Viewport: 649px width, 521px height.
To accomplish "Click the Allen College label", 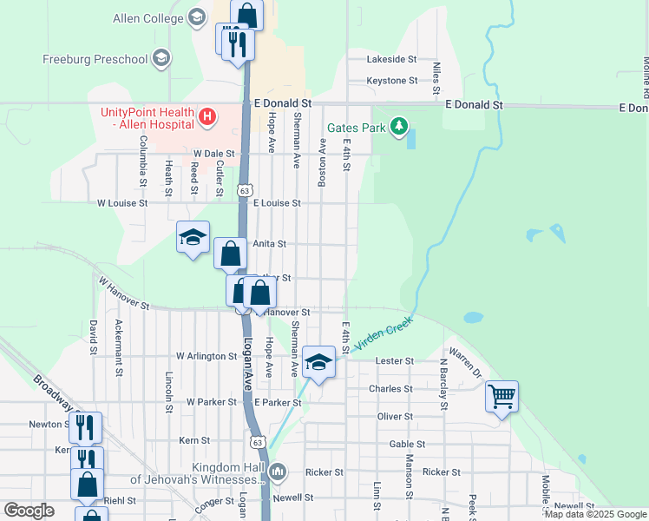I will click(146, 18).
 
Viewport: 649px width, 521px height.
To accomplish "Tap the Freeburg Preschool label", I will click(95, 60).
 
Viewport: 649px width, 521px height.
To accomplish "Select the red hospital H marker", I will click(206, 115).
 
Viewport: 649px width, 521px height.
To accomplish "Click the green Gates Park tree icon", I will click(398, 128).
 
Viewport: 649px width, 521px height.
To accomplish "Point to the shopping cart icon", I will click(501, 397).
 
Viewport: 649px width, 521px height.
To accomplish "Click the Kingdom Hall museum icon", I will click(278, 473).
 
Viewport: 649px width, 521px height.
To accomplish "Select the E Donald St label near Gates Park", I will click(473, 104).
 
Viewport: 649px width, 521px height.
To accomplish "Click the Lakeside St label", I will click(392, 60).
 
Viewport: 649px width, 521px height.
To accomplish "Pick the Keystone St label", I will click(392, 81).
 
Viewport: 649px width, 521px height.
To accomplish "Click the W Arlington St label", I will click(206, 356).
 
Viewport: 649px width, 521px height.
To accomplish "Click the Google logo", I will click(29, 511).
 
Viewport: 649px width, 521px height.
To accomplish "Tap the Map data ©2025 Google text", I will click(595, 515).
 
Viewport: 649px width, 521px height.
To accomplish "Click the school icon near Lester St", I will click(318, 362).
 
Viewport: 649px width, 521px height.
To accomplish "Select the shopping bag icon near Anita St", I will click(230, 254).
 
